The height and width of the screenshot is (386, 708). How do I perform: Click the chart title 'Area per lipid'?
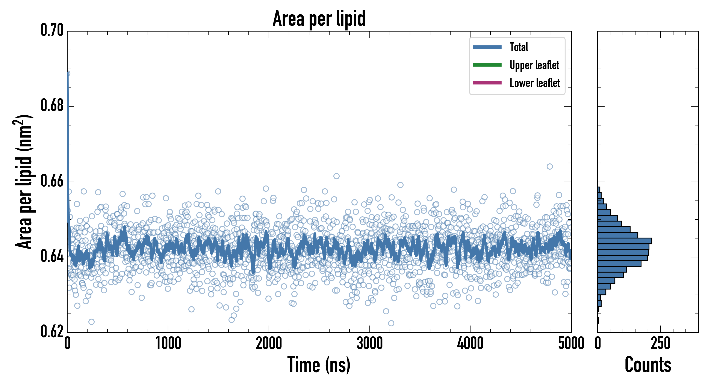pyautogui.click(x=319, y=18)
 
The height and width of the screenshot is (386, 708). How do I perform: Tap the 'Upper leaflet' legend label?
pyautogui.click(x=534, y=65)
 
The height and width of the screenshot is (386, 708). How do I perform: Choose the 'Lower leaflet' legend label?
pyautogui.click(x=535, y=83)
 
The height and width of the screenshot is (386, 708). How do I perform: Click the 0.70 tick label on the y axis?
pyautogui.click(x=52, y=30)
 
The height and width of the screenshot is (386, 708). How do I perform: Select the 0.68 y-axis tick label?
pyautogui.click(x=52, y=106)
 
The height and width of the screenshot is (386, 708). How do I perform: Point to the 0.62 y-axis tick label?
pyautogui.click(x=52, y=332)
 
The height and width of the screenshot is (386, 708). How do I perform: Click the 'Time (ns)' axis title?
pyautogui.click(x=319, y=365)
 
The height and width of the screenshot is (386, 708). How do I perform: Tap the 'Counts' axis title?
pyautogui.click(x=648, y=365)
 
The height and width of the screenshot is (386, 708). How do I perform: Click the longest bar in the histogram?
pyautogui.click(x=625, y=241)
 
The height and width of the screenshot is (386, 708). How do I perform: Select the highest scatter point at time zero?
pyautogui.click(x=68, y=73)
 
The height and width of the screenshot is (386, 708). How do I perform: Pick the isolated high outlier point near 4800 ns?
pyautogui.click(x=549, y=166)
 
